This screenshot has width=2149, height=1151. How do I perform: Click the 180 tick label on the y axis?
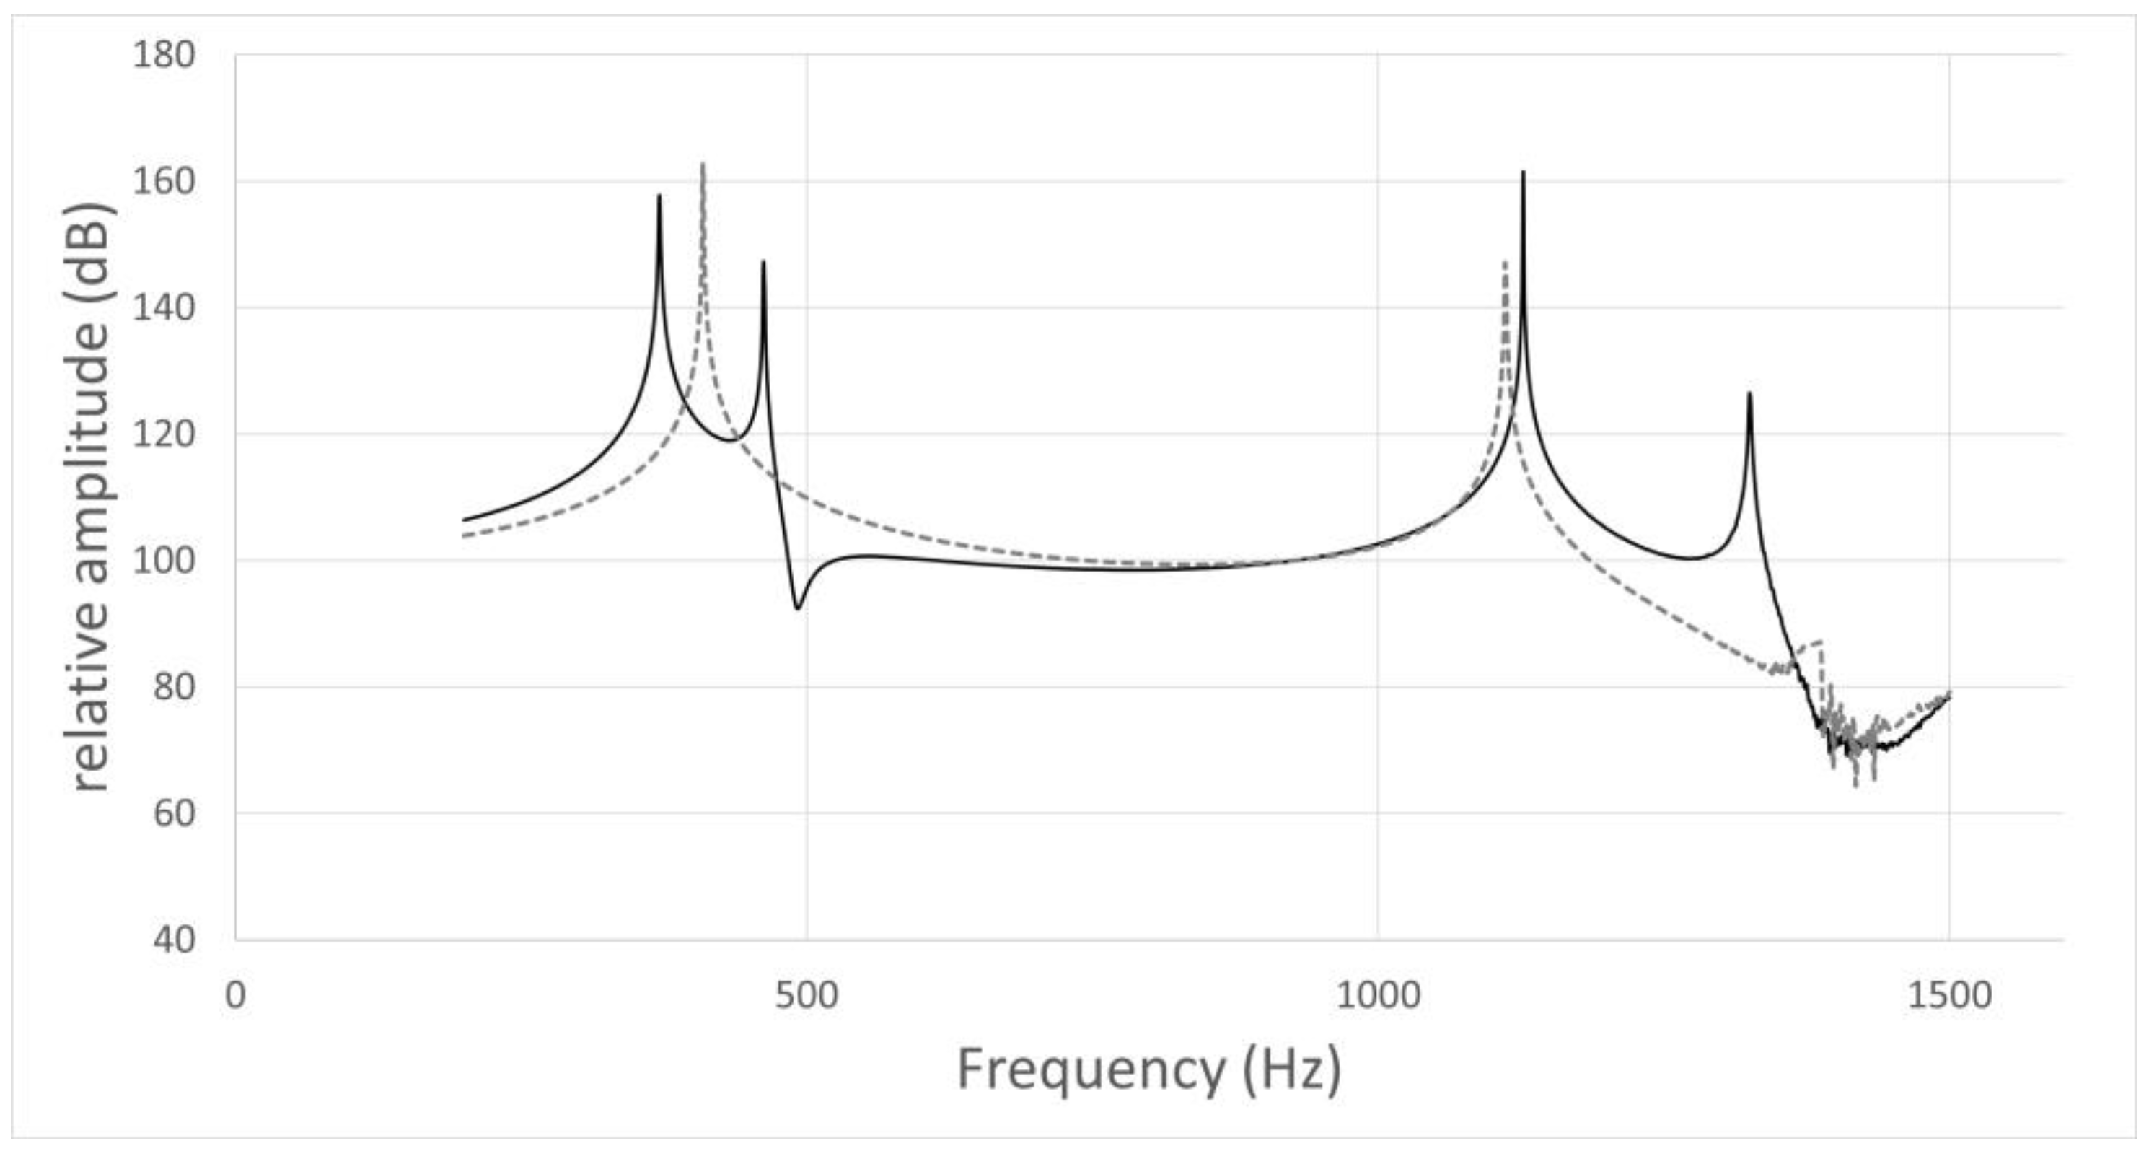(164, 55)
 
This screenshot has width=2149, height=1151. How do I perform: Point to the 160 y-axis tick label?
(164, 181)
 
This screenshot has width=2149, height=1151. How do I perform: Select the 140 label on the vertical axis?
(164, 308)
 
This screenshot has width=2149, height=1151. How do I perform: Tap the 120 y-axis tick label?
(164, 434)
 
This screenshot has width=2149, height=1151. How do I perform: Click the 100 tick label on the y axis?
(164, 561)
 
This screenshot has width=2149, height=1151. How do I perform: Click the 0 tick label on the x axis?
(235, 996)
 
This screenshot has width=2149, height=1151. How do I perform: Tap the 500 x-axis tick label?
(806, 996)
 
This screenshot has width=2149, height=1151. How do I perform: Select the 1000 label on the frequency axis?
(1377, 996)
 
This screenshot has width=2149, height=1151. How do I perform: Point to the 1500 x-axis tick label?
(1948, 996)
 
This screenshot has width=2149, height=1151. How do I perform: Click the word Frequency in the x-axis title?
(1089, 1069)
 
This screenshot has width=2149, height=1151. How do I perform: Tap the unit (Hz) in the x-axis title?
(1291, 1069)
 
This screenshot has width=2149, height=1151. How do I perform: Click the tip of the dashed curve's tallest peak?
(703, 164)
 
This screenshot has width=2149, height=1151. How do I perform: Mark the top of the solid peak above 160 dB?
(1524, 172)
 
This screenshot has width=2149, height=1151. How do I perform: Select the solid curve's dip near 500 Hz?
(798, 608)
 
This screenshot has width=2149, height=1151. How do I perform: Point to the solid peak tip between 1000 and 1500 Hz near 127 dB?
(1749, 393)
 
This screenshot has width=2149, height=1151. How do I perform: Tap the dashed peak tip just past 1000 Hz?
(1505, 262)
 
